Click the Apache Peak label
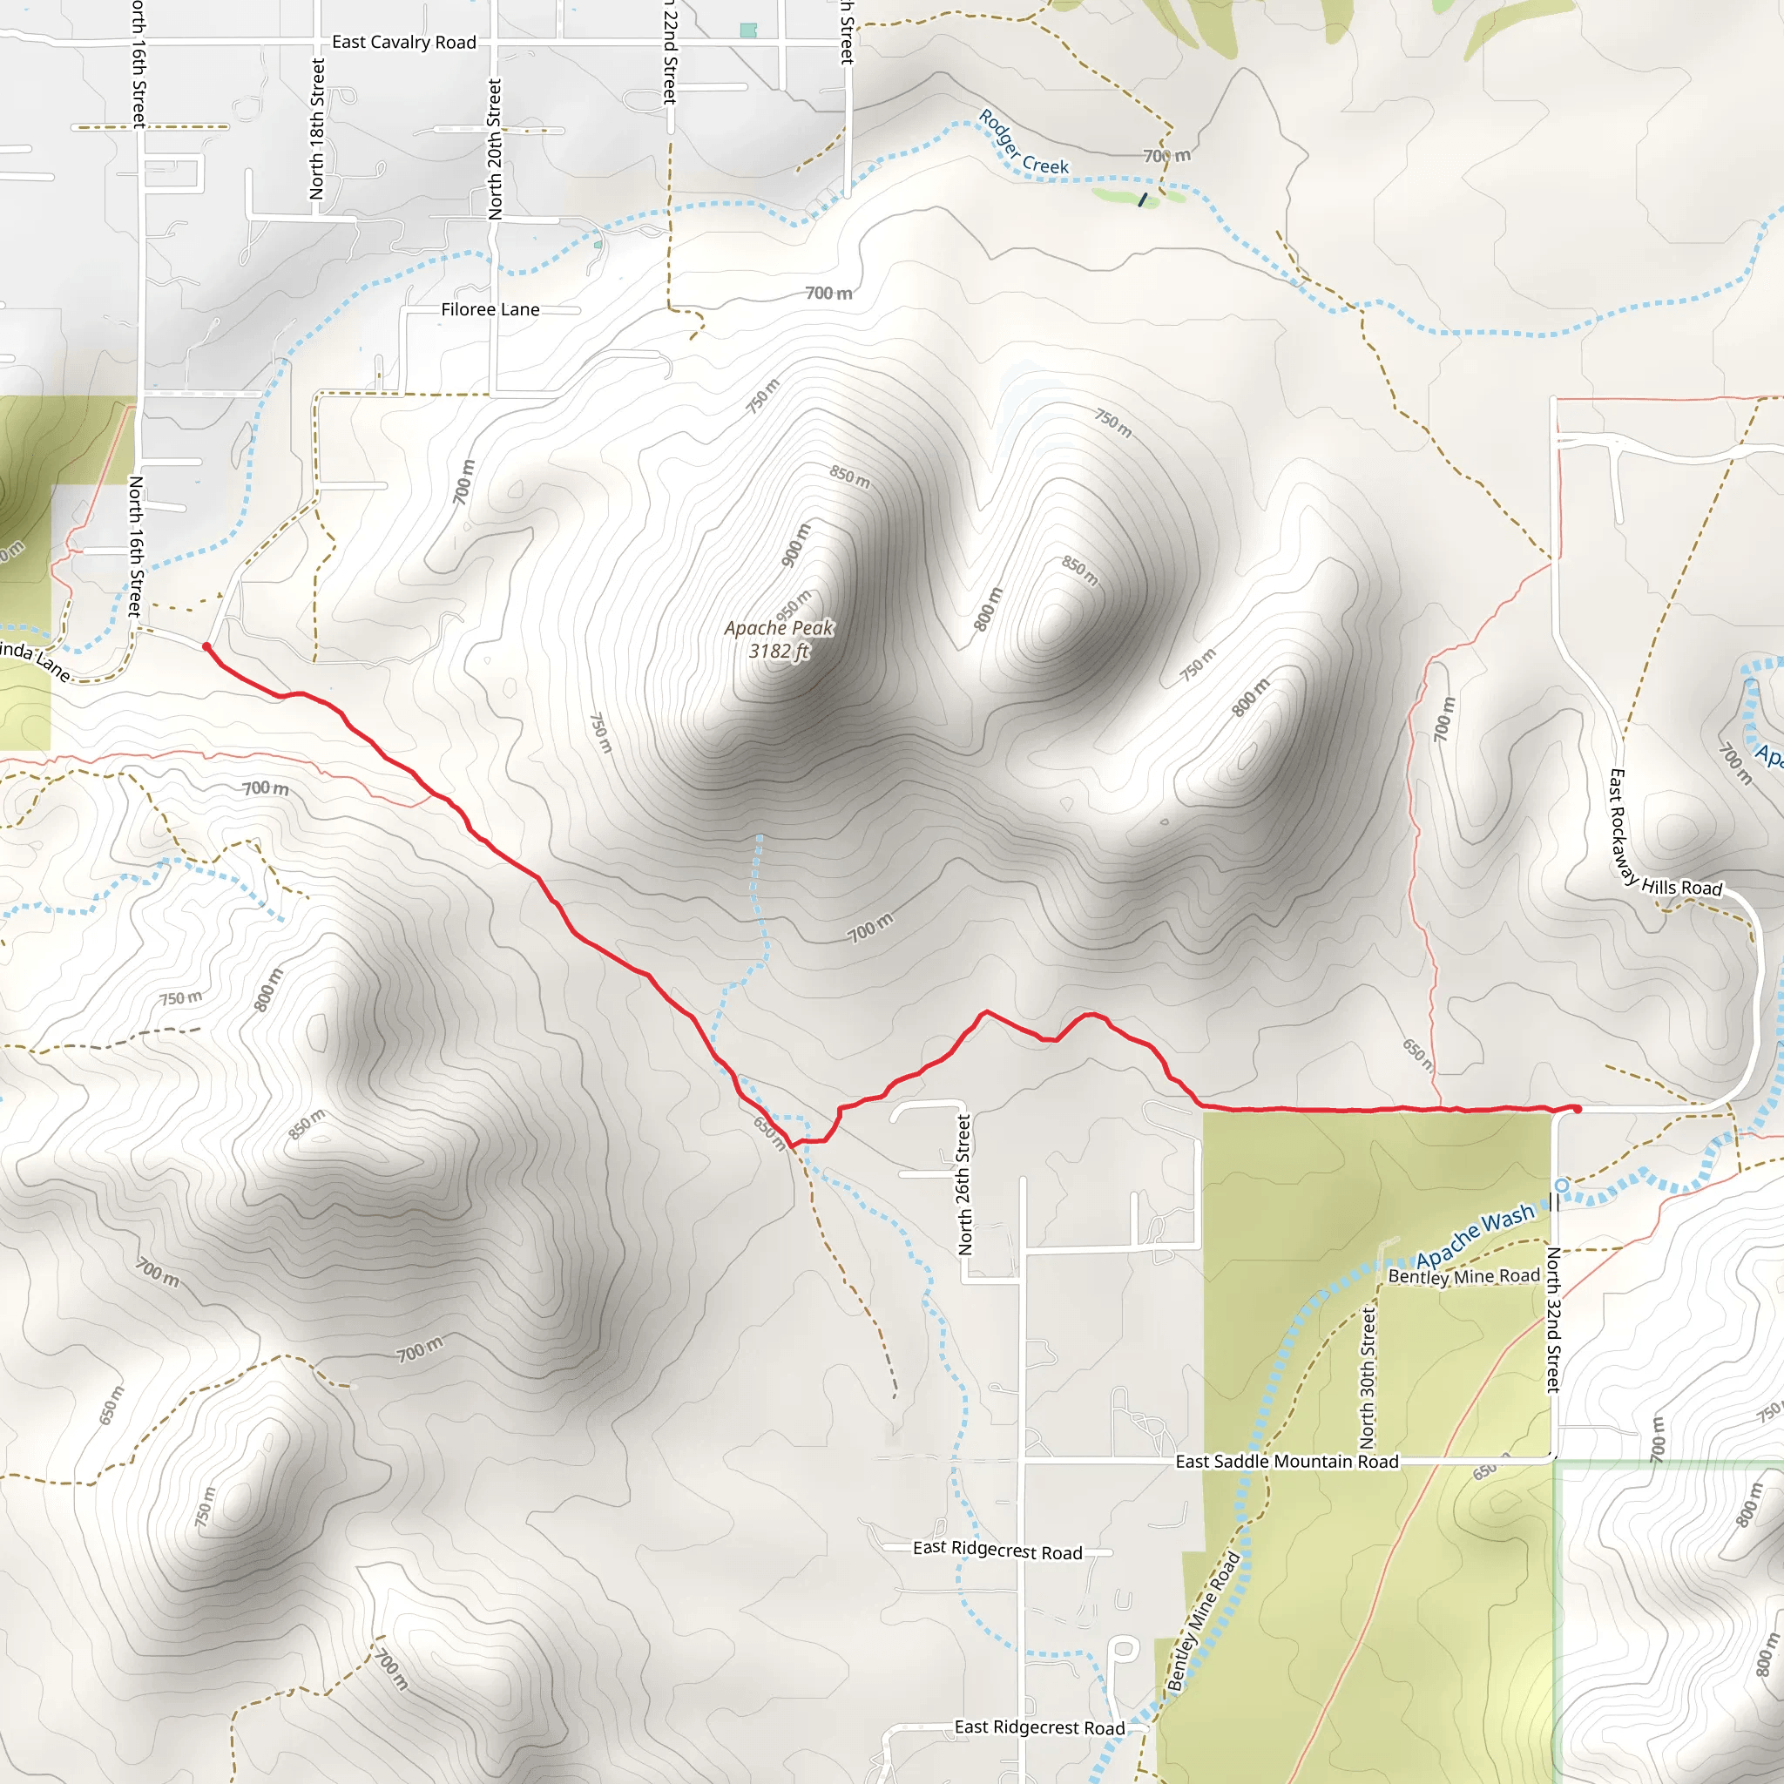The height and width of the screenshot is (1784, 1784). click(x=779, y=628)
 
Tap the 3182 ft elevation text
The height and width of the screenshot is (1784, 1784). click(x=779, y=651)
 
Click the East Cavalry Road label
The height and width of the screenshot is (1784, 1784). click(x=403, y=43)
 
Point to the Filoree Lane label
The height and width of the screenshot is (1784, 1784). click(x=490, y=309)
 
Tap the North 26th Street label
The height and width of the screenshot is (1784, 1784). click(x=965, y=1185)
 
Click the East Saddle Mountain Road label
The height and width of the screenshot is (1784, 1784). click(x=1287, y=1462)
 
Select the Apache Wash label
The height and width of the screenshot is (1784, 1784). click(x=1475, y=1236)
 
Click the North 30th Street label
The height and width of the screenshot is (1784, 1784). click(x=1368, y=1378)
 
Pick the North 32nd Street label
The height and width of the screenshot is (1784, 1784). click(x=1553, y=1320)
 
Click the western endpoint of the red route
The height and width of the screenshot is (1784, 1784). click(x=206, y=647)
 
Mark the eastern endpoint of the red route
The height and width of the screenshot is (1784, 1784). click(x=1578, y=1109)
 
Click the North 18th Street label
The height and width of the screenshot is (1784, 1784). click(x=318, y=129)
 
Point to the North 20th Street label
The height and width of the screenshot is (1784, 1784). click(x=495, y=149)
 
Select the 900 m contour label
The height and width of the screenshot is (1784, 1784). click(x=795, y=544)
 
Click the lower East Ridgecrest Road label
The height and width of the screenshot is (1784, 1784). click(x=1039, y=1727)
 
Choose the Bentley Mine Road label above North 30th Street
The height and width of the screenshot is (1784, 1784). click(x=1463, y=1276)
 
